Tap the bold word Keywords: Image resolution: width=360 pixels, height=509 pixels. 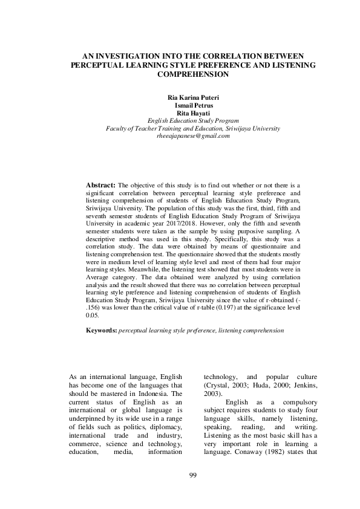(102, 331)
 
